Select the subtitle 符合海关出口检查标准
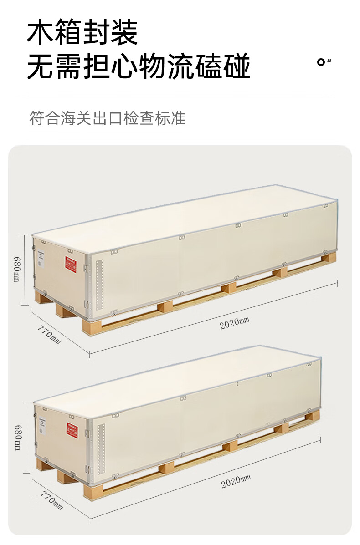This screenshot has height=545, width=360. pos(107,118)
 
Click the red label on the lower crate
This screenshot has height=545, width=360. pos(72,429)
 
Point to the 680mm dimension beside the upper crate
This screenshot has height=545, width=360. pos(17,270)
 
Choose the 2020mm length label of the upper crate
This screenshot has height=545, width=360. pos(235,324)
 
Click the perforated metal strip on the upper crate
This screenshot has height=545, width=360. pos(100,282)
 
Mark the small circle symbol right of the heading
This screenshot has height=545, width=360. pos(321,62)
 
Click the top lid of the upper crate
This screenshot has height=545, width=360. pos(182,219)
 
